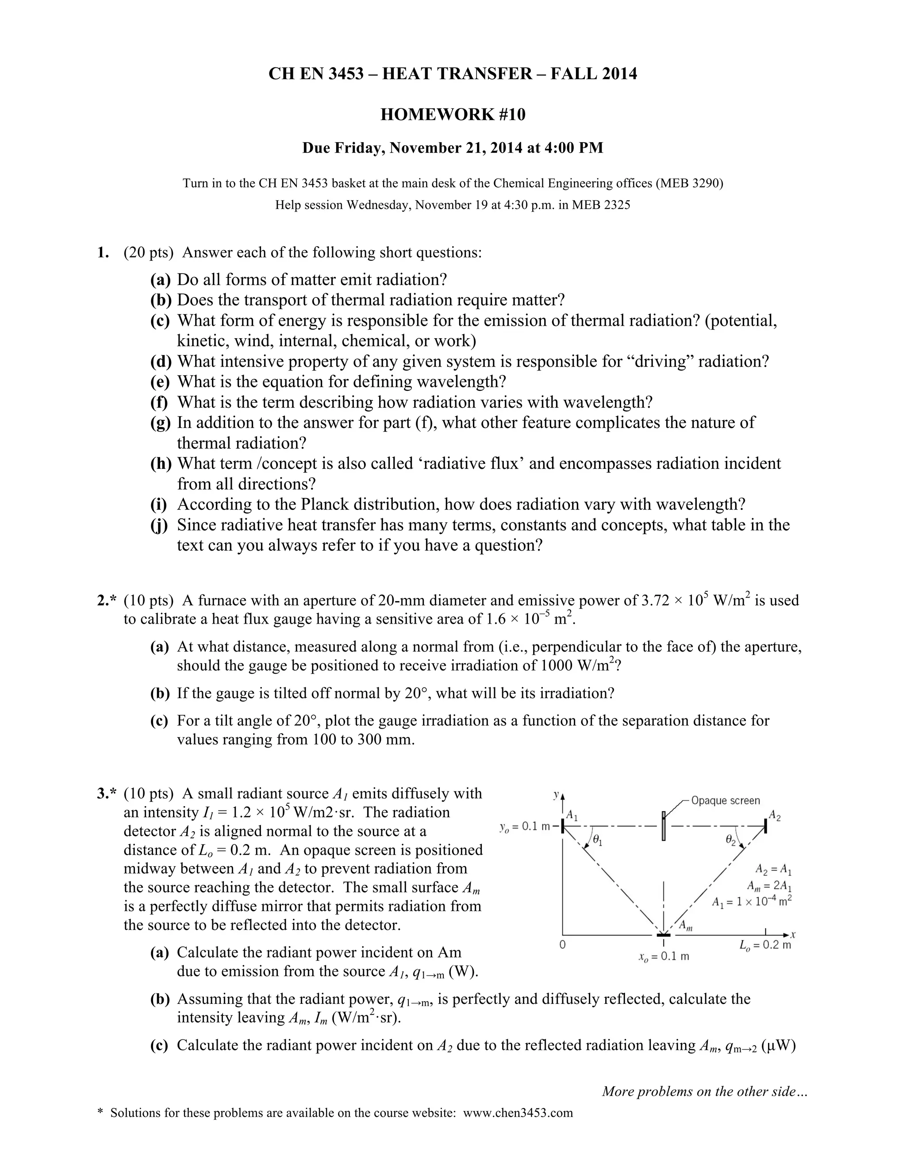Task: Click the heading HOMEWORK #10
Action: (453, 114)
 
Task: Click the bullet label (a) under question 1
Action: (161, 280)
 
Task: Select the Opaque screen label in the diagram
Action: (725, 801)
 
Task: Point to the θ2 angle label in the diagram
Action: (730, 839)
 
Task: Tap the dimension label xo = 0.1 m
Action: (664, 957)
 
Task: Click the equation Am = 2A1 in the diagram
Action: (768, 886)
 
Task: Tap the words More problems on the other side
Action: (704, 1092)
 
